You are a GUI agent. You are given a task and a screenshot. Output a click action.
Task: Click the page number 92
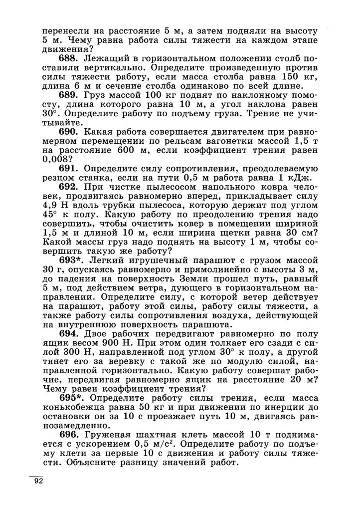coord(39,482)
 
